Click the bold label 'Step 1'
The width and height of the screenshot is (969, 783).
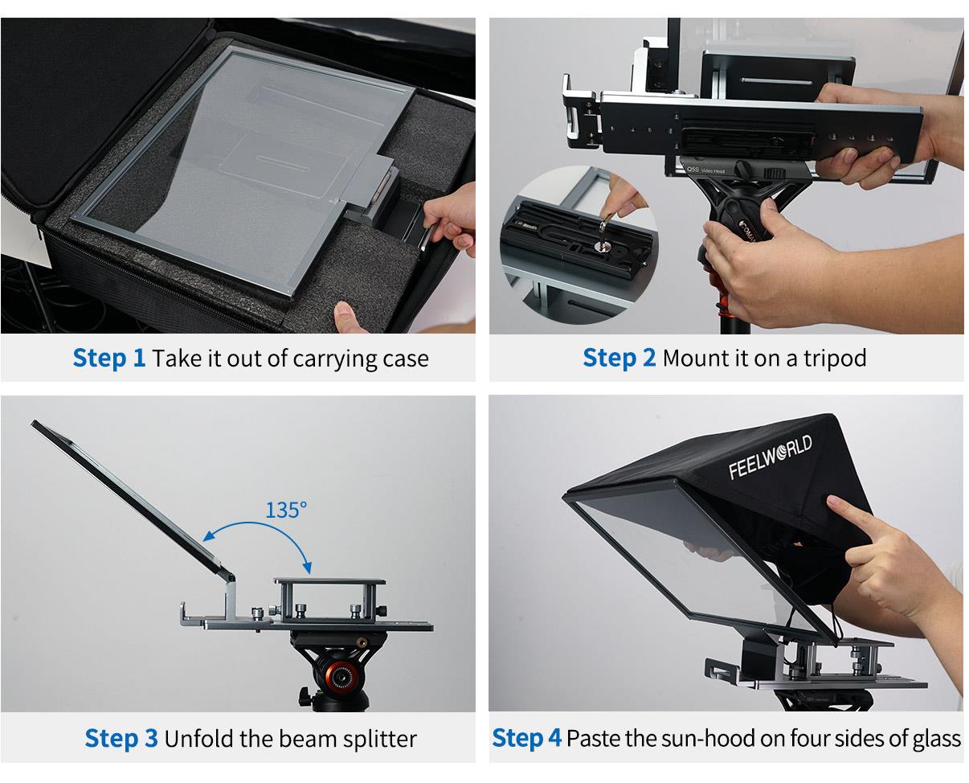(109, 358)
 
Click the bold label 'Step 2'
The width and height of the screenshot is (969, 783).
(619, 358)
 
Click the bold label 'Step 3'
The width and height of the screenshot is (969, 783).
(121, 738)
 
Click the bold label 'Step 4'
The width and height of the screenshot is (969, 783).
(526, 738)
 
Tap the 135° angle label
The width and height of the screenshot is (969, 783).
(285, 510)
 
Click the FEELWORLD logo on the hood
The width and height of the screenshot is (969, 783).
(770, 457)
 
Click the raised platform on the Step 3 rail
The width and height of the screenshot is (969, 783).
(329, 581)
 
